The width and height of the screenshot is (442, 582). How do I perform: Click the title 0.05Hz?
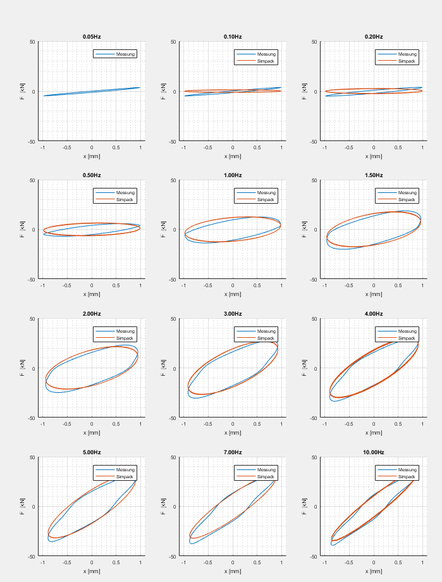point(92,37)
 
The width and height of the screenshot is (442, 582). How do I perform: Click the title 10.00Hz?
point(374,452)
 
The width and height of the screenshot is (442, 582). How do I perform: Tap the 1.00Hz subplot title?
point(233,175)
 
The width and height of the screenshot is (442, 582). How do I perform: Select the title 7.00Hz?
point(233,452)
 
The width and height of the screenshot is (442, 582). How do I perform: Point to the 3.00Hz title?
point(233,314)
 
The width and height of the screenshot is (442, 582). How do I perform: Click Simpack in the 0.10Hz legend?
point(266,61)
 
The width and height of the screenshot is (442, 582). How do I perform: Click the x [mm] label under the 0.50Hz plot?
point(92,294)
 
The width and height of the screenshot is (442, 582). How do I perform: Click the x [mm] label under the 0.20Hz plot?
point(374,156)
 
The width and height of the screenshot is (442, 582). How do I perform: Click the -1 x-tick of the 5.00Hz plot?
point(42,562)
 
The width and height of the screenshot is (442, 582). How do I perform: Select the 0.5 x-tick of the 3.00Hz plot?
point(257,424)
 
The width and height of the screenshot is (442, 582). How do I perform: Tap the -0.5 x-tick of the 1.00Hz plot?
point(208,285)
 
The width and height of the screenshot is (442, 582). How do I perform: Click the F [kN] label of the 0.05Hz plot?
point(23,92)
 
